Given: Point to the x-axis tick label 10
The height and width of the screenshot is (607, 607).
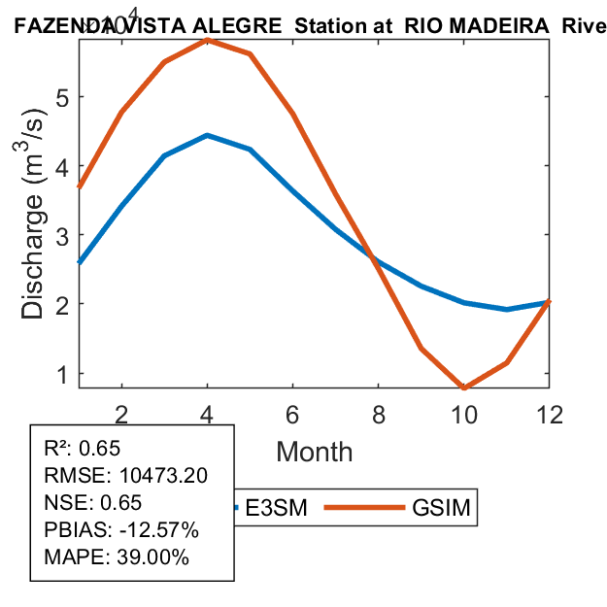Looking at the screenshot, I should pos(464,413).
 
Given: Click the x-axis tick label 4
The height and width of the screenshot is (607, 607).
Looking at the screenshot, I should pos(207,413).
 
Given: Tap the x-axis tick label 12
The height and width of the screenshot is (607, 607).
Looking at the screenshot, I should pos(550,413).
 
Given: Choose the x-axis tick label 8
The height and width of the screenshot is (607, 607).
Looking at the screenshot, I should pos(379,413).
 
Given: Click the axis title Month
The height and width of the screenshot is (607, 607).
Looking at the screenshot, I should pos(315,452).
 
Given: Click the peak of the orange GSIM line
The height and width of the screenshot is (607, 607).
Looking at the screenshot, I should pos(207,40).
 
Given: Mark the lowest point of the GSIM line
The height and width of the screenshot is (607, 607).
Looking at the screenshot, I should pos(464,388).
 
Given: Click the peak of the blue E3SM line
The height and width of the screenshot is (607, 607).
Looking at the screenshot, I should pos(207,135).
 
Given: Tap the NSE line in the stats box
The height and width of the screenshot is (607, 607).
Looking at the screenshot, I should pos(93,503).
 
